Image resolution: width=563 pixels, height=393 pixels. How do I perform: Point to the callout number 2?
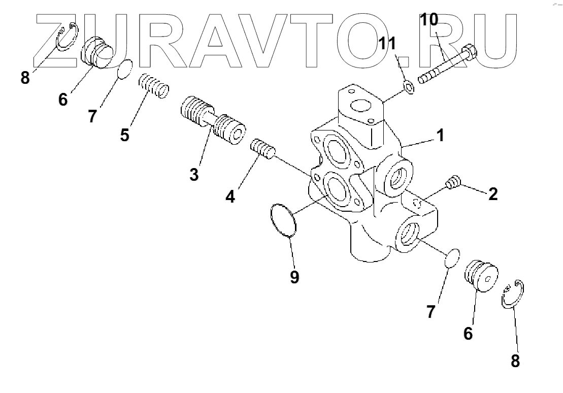(492, 193)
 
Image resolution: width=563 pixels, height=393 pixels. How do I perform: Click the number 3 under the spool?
(193, 174)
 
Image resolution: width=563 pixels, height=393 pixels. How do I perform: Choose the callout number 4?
(230, 196)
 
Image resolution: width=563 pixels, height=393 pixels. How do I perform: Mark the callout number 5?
(125, 135)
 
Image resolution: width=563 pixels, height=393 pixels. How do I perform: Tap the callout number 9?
(294, 277)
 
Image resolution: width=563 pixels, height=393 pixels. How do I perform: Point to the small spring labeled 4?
(263, 149)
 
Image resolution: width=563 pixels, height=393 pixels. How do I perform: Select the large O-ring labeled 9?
(283, 219)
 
